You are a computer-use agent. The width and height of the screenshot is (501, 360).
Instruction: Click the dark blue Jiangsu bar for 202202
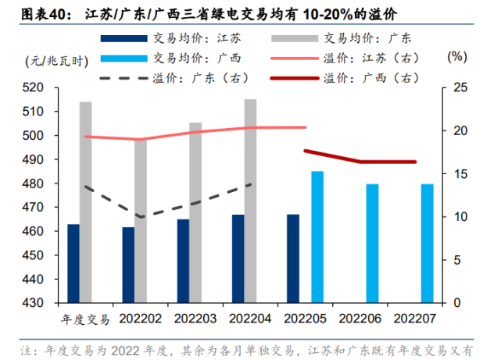coord(128,266)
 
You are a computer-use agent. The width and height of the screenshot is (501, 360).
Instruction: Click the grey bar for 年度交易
coord(86,202)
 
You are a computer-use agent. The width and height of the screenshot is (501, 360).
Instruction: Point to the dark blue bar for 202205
coord(292,258)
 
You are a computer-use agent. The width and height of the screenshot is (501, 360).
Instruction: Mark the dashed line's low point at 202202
coord(141,217)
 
